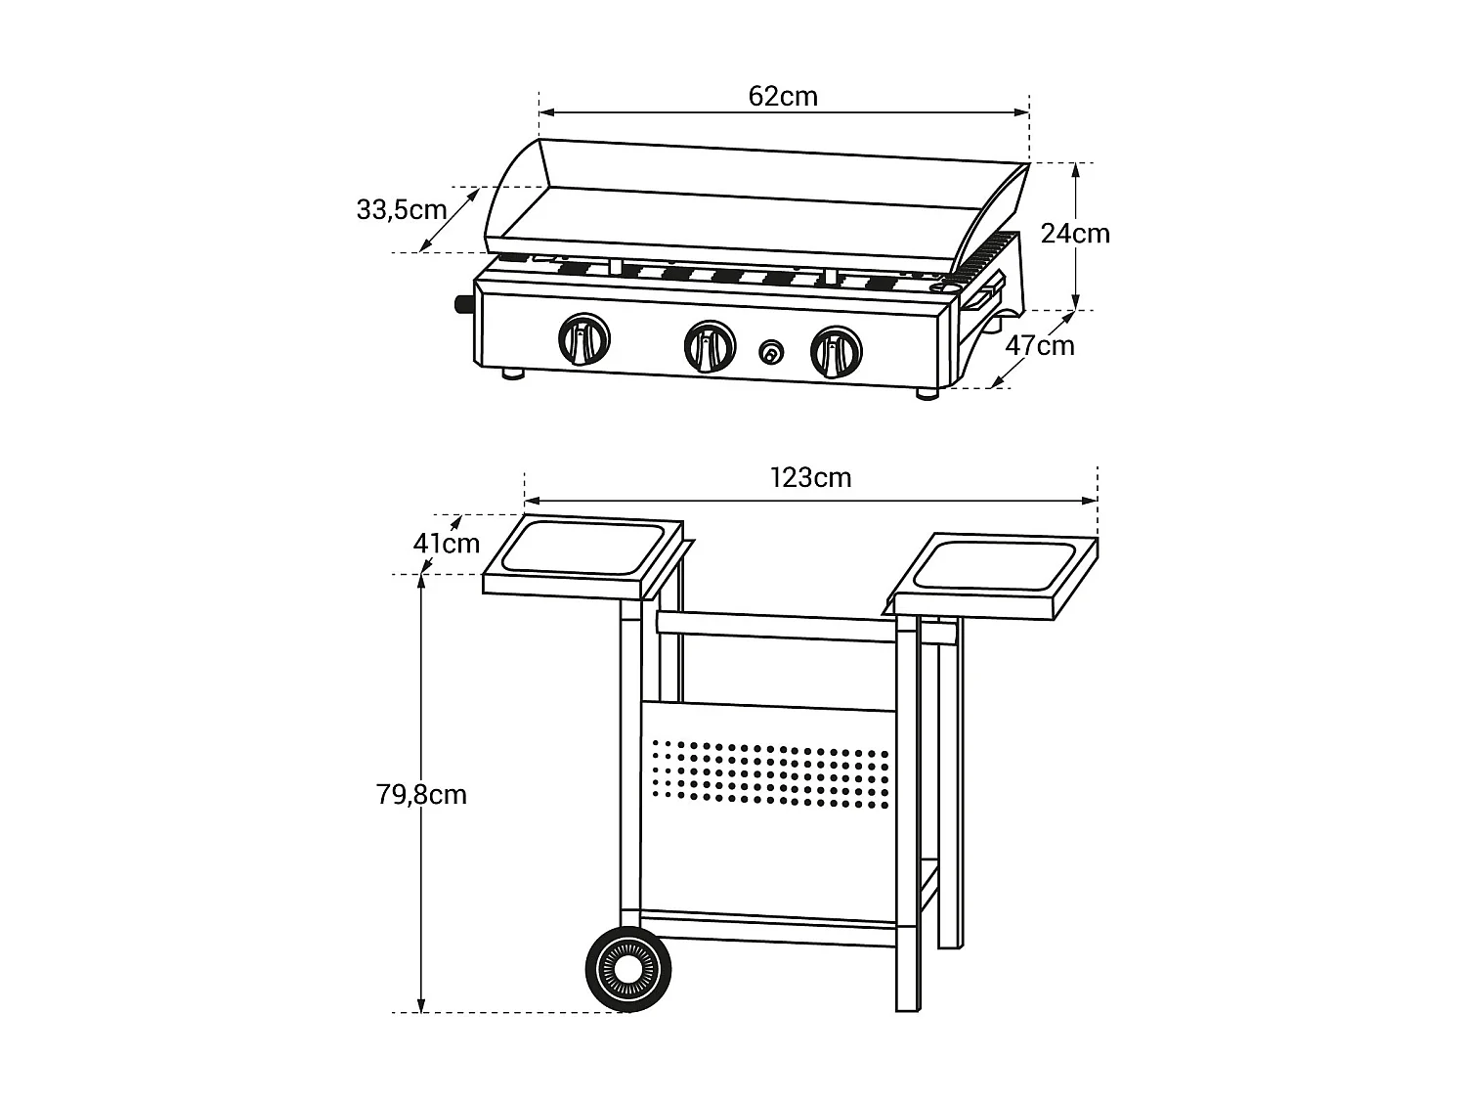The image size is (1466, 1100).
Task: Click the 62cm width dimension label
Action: click(783, 96)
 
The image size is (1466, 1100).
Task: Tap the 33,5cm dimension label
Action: click(401, 209)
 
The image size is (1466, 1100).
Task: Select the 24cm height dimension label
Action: click(1075, 234)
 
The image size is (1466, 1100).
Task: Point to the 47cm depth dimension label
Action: click(1040, 346)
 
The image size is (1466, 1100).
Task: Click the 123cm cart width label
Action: click(810, 477)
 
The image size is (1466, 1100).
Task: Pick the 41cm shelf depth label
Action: click(447, 544)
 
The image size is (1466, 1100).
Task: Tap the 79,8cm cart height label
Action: click(421, 795)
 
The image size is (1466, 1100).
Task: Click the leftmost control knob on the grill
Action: click(583, 340)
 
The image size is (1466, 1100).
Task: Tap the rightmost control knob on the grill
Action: click(836, 351)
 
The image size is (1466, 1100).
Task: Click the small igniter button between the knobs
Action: click(772, 351)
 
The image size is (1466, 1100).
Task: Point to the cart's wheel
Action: click(628, 968)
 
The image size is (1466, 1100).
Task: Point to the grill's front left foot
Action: click(513, 374)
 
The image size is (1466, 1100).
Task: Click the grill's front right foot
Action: click(927, 394)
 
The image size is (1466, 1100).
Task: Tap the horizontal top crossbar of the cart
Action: click(777, 627)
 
